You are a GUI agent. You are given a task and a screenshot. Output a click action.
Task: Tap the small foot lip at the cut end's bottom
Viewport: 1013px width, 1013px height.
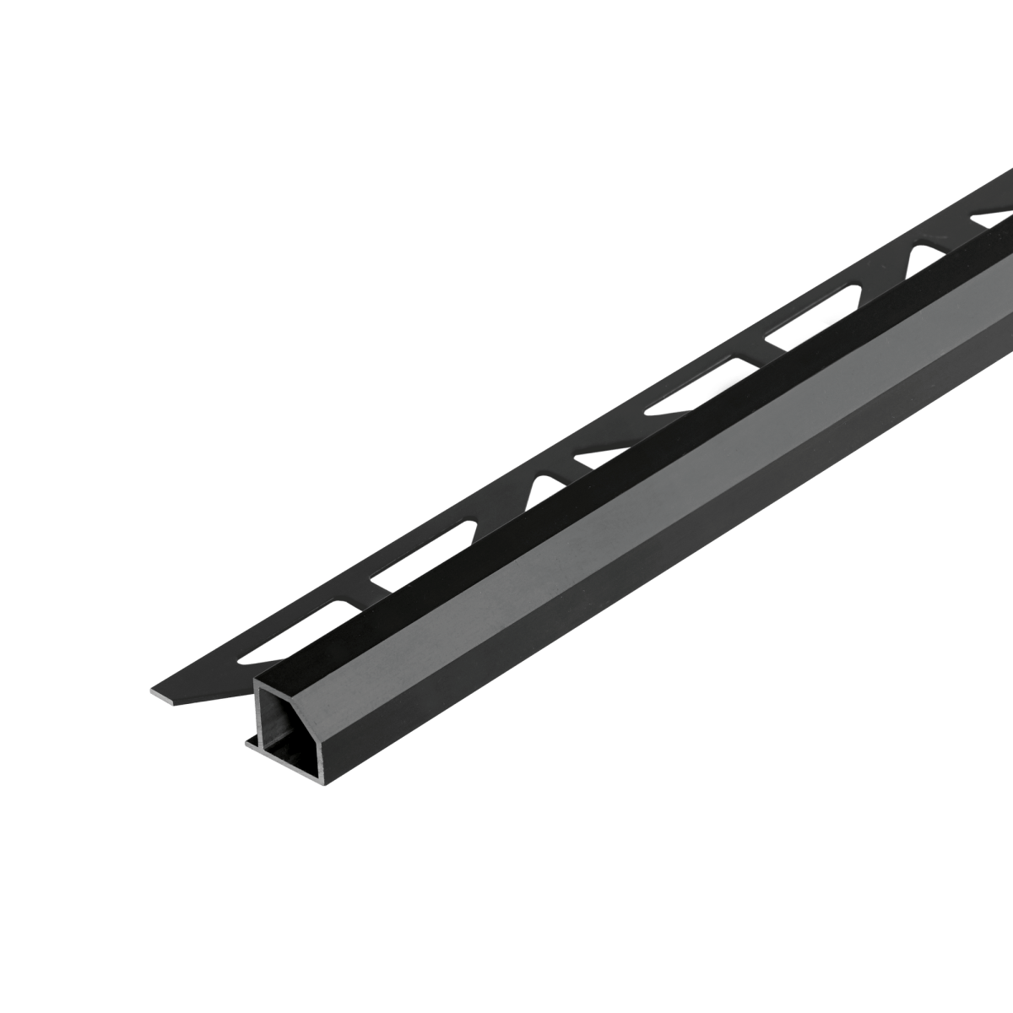coord(251,744)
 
